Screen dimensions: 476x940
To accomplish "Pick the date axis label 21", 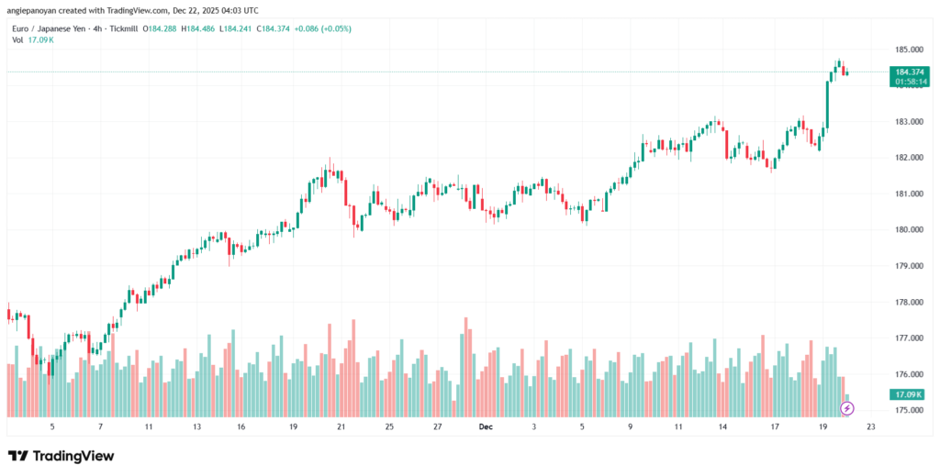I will pyautogui.click(x=341, y=427).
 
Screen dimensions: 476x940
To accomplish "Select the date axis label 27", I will pyautogui.click(x=438, y=427).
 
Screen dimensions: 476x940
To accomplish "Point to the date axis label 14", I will pyautogui.click(x=723, y=427).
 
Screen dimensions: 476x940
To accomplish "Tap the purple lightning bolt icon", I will pyautogui.click(x=846, y=407).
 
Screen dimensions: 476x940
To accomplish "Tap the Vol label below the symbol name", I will pyautogui.click(x=17, y=40).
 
